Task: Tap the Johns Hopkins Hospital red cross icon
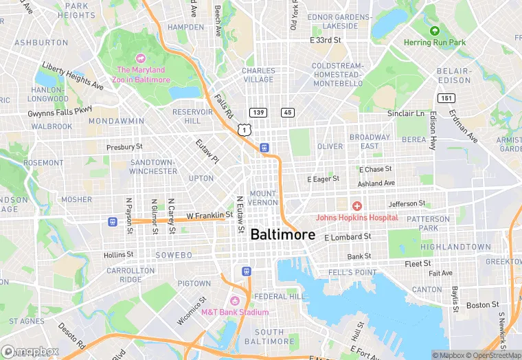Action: (x=356, y=206)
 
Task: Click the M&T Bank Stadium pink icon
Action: (x=234, y=301)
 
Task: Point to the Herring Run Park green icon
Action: (x=434, y=31)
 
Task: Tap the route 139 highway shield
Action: (x=259, y=112)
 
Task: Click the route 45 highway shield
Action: (x=287, y=112)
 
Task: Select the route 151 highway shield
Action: (x=447, y=98)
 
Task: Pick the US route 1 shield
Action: (x=244, y=129)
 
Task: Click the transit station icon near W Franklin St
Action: (x=112, y=221)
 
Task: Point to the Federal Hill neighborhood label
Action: (x=280, y=297)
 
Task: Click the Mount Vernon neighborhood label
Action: (x=263, y=198)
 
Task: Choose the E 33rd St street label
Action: (x=325, y=41)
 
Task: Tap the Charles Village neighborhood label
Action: (x=259, y=75)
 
